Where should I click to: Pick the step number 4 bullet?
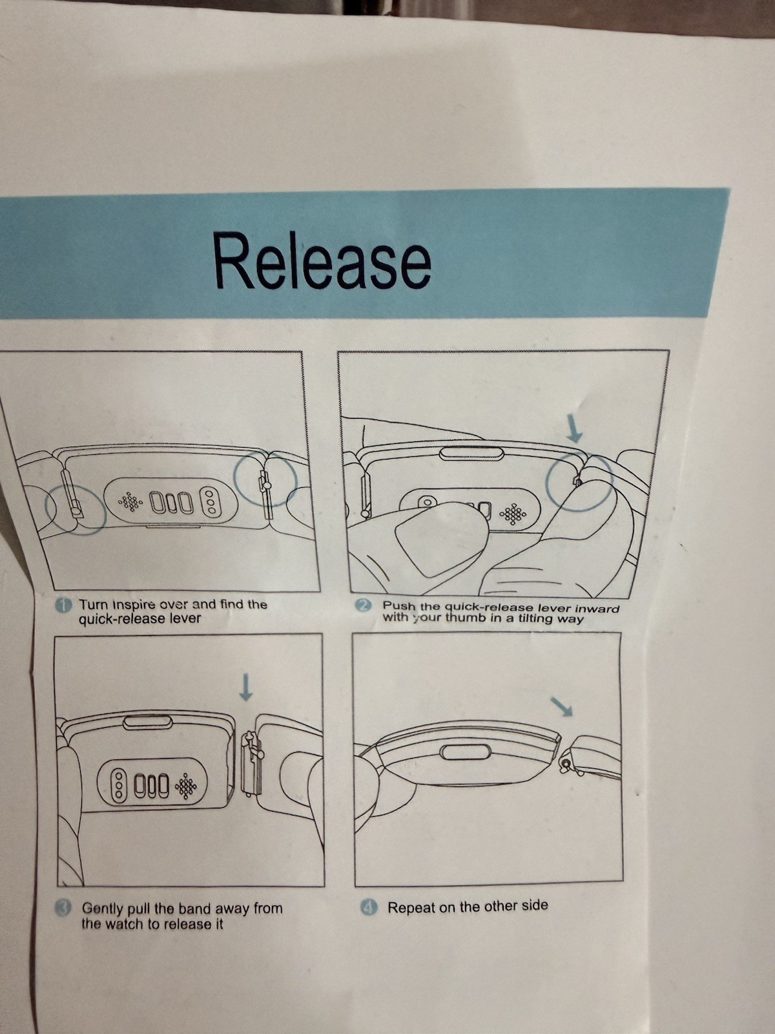[x=368, y=908]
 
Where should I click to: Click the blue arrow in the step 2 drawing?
[x=573, y=431]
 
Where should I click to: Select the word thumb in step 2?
[x=464, y=618]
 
